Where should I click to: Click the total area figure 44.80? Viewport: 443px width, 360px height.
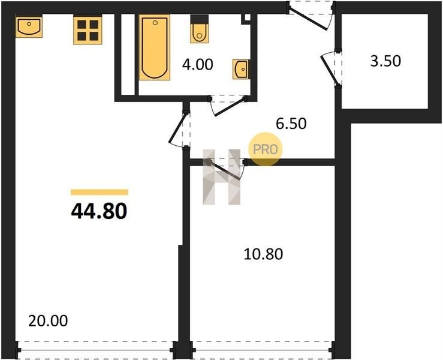99,212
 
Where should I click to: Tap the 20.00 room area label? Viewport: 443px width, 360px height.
48,321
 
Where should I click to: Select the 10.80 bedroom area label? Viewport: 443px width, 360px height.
263,254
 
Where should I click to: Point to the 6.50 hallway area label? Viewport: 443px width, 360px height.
291,124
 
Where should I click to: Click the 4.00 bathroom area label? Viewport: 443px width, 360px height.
197,64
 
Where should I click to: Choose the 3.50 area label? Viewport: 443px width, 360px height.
385,61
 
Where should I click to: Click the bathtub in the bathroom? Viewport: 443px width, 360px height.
155,47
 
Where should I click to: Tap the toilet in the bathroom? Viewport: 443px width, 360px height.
200,29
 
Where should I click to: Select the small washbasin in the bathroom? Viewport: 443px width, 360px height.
241,69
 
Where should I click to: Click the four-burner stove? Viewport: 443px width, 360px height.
88,30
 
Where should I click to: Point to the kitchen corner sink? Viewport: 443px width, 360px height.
29,27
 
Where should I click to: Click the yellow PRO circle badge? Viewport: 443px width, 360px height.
266,149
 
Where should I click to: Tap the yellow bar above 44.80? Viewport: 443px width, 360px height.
100,193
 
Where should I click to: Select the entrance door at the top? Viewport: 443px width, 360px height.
310,16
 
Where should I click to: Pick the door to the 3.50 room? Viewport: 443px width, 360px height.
330,68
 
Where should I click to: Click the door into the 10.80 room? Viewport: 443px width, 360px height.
226,169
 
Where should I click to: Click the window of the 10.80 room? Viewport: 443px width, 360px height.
263,350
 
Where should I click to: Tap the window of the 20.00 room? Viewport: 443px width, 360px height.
95,350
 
